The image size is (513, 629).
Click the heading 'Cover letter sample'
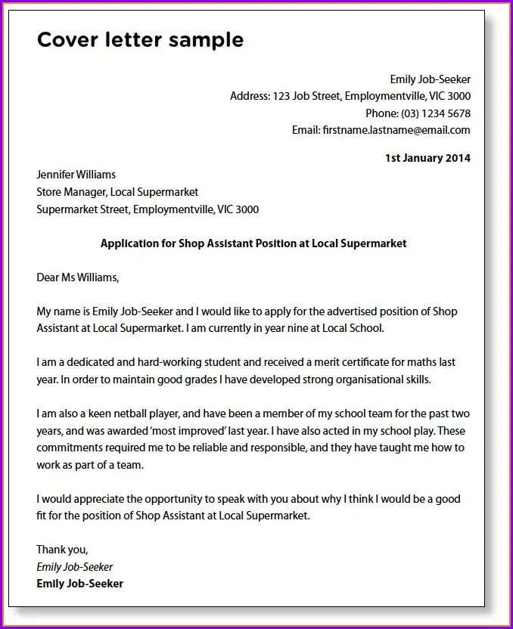[140, 40]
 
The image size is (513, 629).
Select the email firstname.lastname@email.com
[396, 130]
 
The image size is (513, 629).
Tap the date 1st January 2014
[427, 158]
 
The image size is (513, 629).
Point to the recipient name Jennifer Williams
[76, 175]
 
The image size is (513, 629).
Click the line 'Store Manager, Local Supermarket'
[117, 192]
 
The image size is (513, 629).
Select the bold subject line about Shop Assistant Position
[253, 243]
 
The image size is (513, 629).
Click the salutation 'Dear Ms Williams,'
[78, 277]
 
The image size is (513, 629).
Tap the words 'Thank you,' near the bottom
[62, 550]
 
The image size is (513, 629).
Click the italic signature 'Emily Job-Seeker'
[74, 567]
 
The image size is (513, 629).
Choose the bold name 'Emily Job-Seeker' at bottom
[79, 584]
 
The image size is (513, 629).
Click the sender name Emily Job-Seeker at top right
[430, 79]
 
